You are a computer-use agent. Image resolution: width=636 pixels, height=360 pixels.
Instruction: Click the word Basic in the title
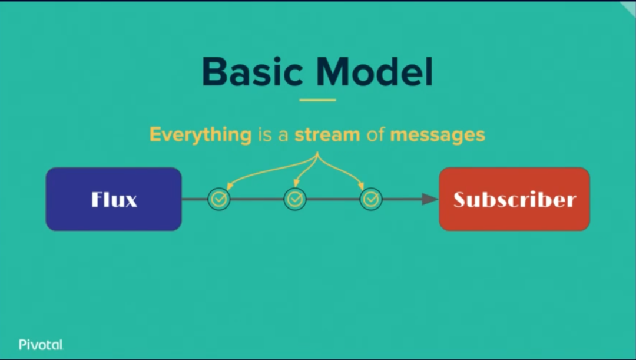[252, 72]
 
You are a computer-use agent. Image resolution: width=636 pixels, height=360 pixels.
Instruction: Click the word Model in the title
[375, 72]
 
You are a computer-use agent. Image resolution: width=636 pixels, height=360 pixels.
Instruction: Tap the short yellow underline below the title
[317, 100]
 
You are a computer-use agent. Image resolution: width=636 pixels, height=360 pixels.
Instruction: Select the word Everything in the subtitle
[200, 135]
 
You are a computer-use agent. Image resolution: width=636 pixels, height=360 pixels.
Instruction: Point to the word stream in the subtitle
[327, 135]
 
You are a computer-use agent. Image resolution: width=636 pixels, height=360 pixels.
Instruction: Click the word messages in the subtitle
[438, 135]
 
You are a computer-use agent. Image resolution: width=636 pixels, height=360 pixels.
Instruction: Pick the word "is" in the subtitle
[263, 135]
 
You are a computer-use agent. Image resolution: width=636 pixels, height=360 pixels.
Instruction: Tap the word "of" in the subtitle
[375, 135]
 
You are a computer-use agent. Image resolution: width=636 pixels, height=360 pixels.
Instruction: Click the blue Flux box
[114, 199]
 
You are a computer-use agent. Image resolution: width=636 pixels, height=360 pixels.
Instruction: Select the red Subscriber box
[514, 199]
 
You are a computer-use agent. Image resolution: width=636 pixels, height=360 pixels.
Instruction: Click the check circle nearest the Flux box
[219, 200]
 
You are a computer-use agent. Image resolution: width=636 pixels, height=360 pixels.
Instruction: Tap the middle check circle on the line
[295, 200]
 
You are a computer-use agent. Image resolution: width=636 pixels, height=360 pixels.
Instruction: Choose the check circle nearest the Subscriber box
[371, 200]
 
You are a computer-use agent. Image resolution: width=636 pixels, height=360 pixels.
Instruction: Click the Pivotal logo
[41, 345]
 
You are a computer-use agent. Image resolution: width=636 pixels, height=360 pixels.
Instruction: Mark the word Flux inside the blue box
[114, 200]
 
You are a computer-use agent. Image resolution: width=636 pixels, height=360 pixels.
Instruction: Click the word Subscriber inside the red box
[514, 200]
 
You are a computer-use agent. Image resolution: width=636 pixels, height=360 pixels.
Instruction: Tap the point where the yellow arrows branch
[318, 154]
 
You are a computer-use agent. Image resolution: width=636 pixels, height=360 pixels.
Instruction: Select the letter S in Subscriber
[461, 200]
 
